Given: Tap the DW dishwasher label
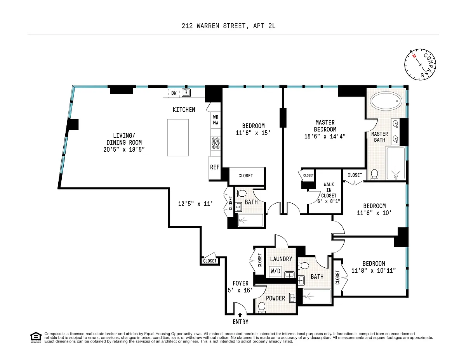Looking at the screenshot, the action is pos(174,93).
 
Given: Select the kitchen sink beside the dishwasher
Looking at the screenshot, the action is pos(186,93).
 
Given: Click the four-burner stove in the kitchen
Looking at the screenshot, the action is pos(216,143).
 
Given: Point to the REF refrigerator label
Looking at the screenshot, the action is pos(215,167).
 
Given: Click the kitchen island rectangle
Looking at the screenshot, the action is pos(178,138).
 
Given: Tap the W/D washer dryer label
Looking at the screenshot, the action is pos(275,271).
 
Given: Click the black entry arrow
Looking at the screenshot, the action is pos(240,315).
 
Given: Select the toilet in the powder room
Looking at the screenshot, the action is pos(262,307).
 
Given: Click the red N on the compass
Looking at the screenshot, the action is pos(414,56).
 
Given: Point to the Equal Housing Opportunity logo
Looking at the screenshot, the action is pos(36,337).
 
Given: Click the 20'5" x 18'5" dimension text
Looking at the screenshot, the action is pos(124,149).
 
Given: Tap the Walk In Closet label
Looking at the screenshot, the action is pos(329,190).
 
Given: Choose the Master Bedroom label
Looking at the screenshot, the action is pos(325,126).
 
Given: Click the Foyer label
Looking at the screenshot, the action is pos(240,283).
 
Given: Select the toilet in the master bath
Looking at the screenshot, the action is pos(374,175).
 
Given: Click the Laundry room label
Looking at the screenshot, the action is pos(281,259).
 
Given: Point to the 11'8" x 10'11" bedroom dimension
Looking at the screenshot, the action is pos(373,270).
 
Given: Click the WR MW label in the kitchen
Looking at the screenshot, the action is pos(216,120).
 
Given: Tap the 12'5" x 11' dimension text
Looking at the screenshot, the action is pos(195,204).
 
